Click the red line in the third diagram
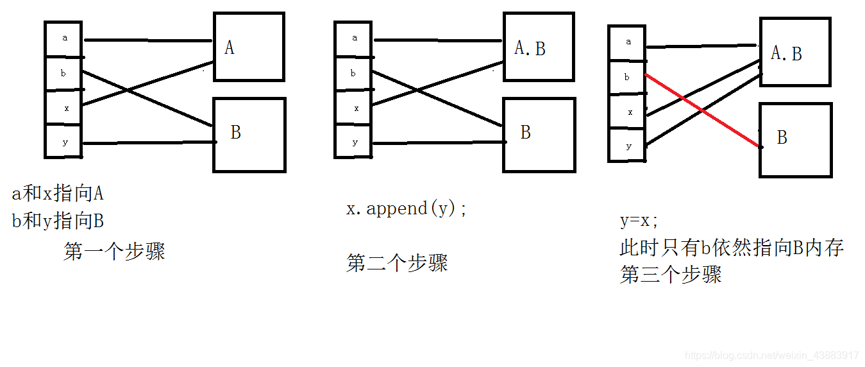(703, 111)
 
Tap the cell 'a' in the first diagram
(64, 38)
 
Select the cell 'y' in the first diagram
(64, 142)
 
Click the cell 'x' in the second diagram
(353, 108)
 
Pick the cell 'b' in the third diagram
(627, 78)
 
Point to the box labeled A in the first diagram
(249, 47)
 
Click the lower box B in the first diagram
(249, 135)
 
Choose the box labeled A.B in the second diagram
(539, 47)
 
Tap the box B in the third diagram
(795, 140)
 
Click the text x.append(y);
(407, 209)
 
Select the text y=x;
(639, 221)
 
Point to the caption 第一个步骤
(114, 252)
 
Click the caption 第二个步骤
(397, 263)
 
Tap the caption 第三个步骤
(671, 275)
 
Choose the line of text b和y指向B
(58, 221)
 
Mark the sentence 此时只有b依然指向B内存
(731, 248)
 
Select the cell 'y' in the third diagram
(628, 146)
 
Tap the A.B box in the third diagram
(795, 52)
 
